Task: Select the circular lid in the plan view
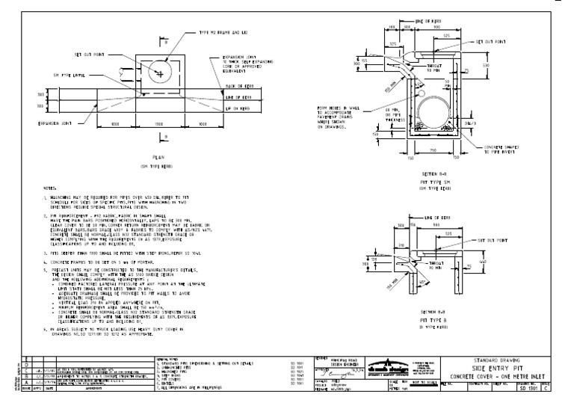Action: [x=161, y=72]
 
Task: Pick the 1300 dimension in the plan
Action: [x=161, y=124]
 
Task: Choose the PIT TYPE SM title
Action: [x=425, y=183]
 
